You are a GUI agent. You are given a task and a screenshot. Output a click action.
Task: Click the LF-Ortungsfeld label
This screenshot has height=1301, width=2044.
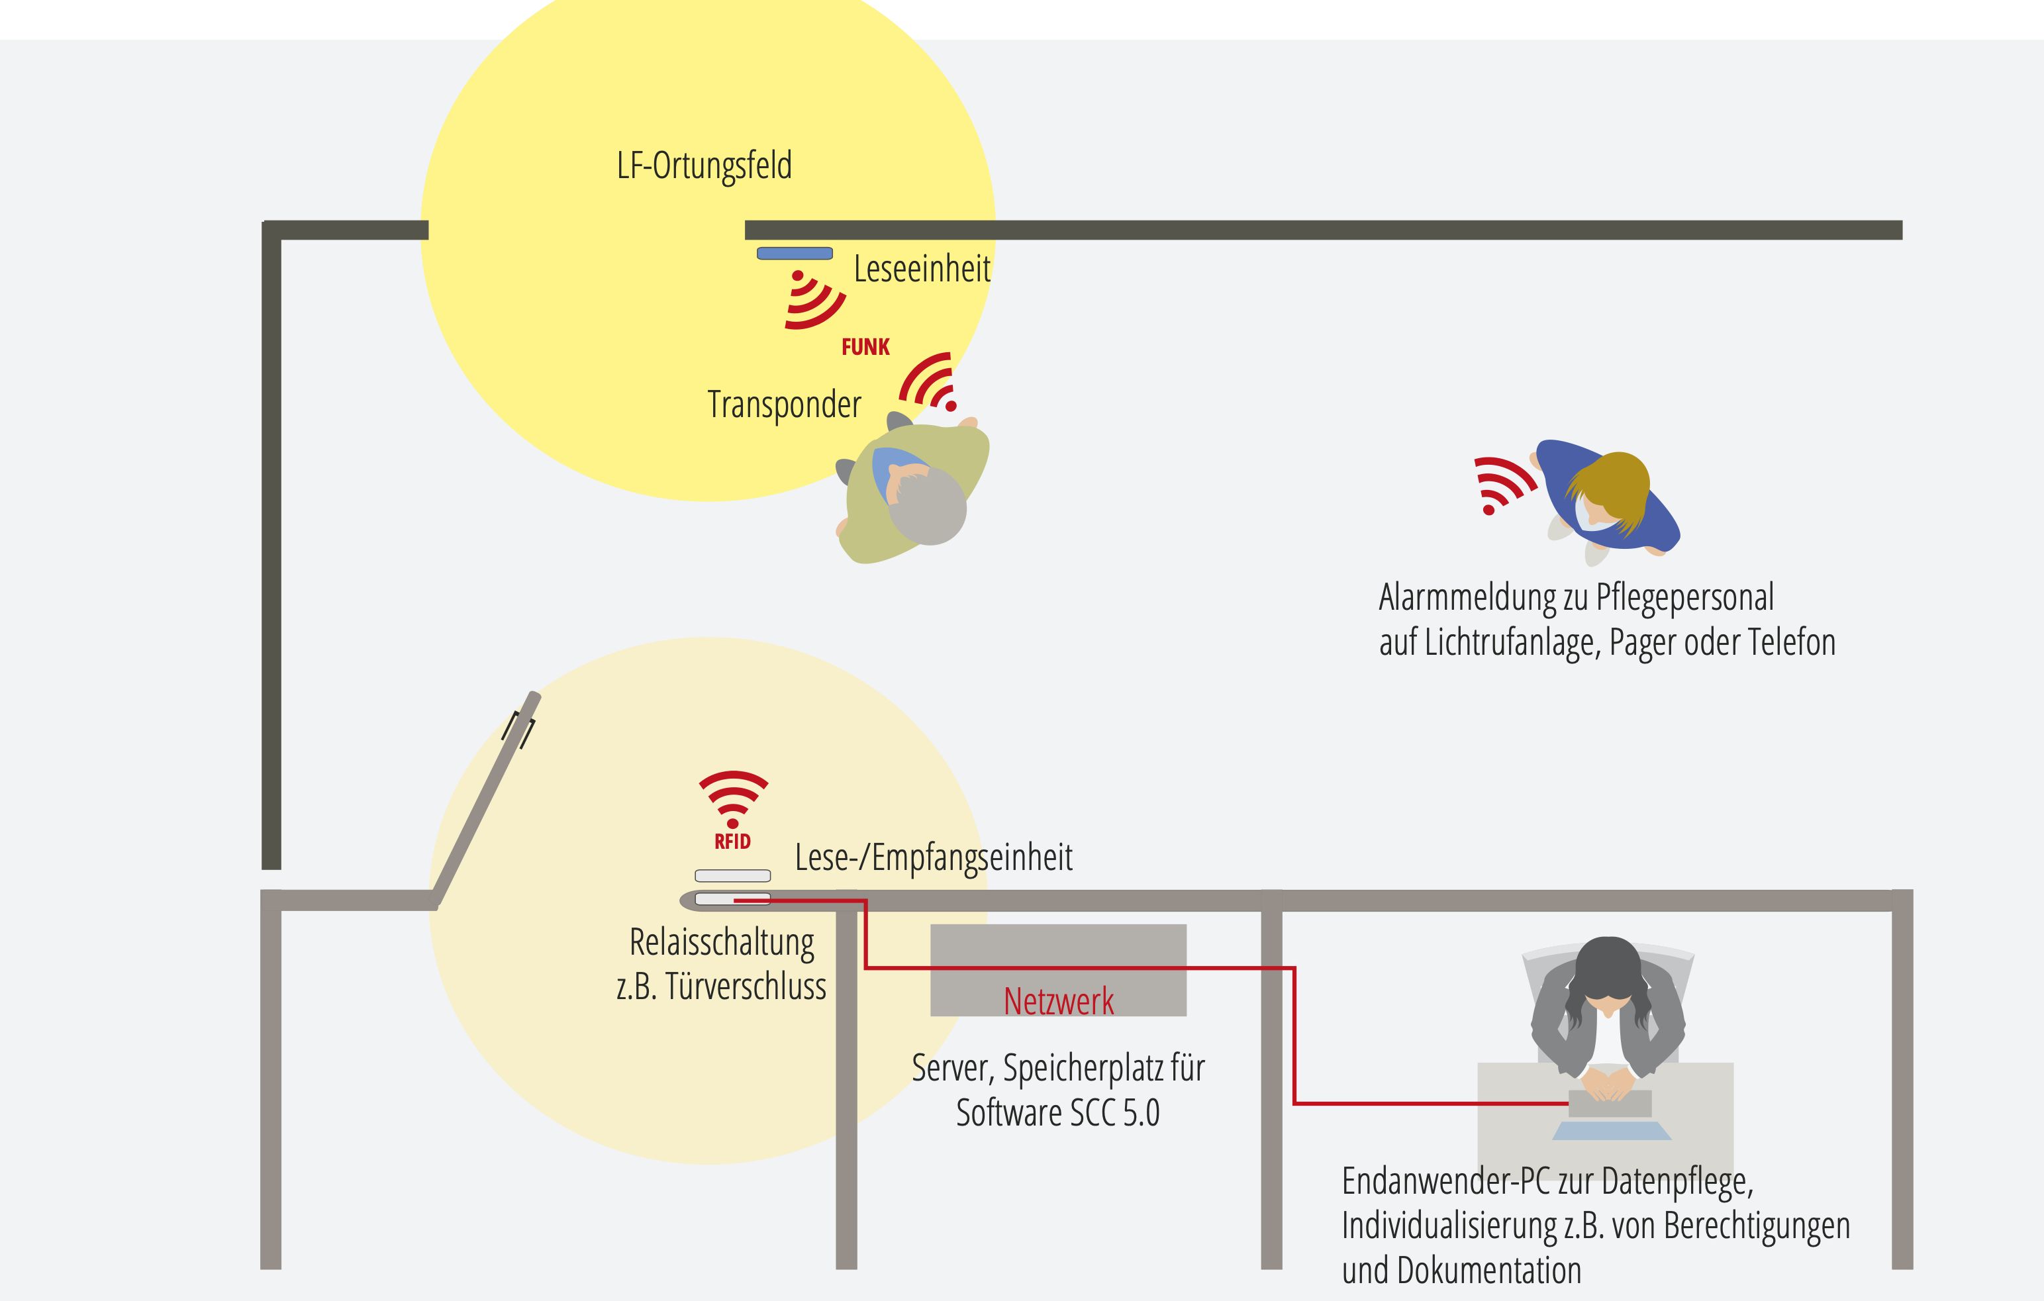pos(704,166)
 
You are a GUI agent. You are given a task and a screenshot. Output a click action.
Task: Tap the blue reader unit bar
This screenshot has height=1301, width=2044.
pos(795,253)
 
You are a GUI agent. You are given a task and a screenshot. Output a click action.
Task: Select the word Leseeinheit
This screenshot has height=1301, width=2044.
pos(922,269)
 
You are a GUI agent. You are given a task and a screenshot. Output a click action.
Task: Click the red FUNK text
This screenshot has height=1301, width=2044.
pos(865,347)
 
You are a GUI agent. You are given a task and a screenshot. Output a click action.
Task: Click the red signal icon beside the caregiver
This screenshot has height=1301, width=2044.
pos(1501,485)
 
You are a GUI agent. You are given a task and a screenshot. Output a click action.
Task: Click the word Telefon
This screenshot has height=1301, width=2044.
pos(1794,642)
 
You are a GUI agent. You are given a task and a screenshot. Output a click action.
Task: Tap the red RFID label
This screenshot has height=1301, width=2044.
pos(732,842)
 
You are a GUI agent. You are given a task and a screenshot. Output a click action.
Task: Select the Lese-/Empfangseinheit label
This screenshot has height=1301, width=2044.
pos(933,858)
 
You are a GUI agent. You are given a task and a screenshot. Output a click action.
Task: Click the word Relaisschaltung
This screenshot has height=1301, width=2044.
pos(722,943)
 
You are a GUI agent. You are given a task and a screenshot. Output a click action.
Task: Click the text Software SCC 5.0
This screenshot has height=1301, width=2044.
pos(1057,1114)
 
